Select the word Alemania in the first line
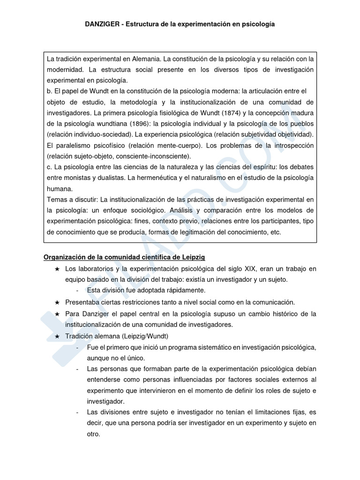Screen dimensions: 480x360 pos(145,59)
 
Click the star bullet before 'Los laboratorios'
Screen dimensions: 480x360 pos(57,269)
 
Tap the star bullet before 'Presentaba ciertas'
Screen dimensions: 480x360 pos(57,302)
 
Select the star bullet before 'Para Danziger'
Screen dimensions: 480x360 pos(57,314)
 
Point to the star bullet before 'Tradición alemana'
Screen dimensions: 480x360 pos(57,336)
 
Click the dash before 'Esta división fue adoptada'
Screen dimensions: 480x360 pos(77,291)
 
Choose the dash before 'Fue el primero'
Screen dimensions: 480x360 pos(77,347)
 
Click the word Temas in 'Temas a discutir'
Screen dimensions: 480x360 pos(56,200)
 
